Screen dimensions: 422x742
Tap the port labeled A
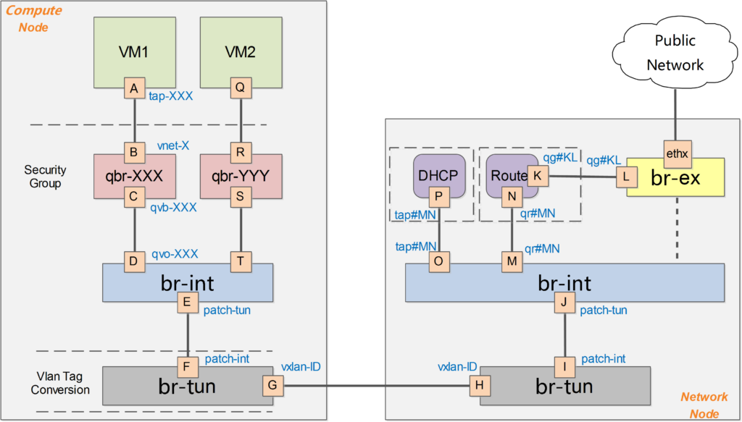click(x=134, y=88)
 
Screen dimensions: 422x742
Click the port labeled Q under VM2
click(x=240, y=88)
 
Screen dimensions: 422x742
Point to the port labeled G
click(x=272, y=385)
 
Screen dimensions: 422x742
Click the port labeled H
click(x=478, y=385)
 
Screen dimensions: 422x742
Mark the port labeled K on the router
click(x=537, y=176)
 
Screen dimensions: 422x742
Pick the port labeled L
click(x=625, y=176)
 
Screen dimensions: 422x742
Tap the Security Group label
click(x=45, y=177)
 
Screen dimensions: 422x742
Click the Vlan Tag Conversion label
click(x=63, y=383)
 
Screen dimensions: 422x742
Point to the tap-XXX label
click(x=171, y=95)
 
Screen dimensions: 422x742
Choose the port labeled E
click(x=188, y=303)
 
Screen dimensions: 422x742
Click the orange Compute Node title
click(x=33, y=19)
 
